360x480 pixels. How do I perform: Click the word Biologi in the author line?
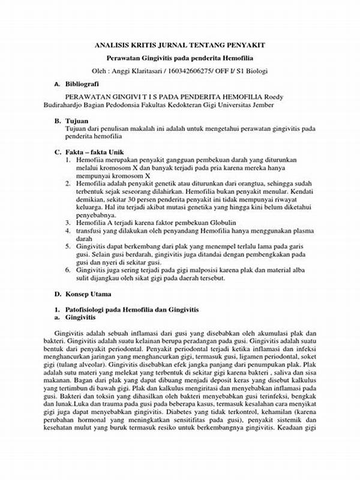pyautogui.click(x=254, y=71)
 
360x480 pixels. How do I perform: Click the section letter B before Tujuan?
pyautogui.click(x=56, y=121)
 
